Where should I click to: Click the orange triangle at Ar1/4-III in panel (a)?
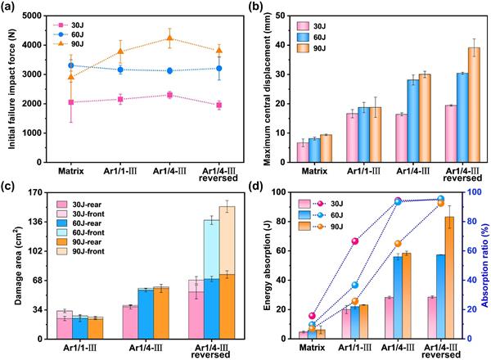[169, 38]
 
